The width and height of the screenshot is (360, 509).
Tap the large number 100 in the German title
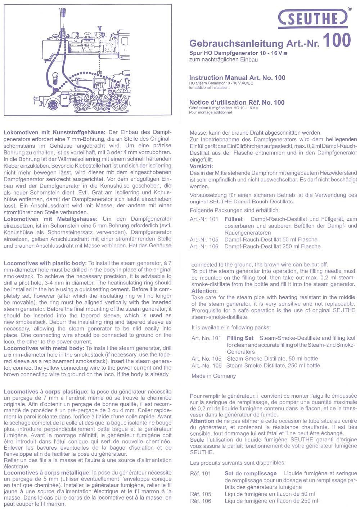coord(336,40)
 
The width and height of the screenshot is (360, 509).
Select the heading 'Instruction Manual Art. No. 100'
coord(237,77)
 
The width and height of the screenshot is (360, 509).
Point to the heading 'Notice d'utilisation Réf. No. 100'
coord(237,102)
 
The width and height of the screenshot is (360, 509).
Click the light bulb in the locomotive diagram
coord(55,77)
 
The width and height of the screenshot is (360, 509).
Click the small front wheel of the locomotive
coord(54,105)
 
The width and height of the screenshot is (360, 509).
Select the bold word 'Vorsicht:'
coord(201,166)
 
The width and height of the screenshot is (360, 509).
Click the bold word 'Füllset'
coord(233,219)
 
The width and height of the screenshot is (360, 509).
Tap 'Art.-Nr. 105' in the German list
coord(204,239)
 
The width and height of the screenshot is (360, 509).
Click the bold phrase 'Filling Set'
coord(240,338)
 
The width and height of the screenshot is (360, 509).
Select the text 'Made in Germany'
coord(213,376)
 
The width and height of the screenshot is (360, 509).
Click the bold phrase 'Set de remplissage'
coord(251,473)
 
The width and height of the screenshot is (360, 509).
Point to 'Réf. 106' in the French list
coord(201,501)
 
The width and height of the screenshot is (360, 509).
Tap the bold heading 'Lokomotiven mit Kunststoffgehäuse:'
coord(54,132)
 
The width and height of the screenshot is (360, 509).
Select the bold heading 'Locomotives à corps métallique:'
coord(47,473)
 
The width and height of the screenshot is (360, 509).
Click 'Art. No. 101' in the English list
coord(206,338)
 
